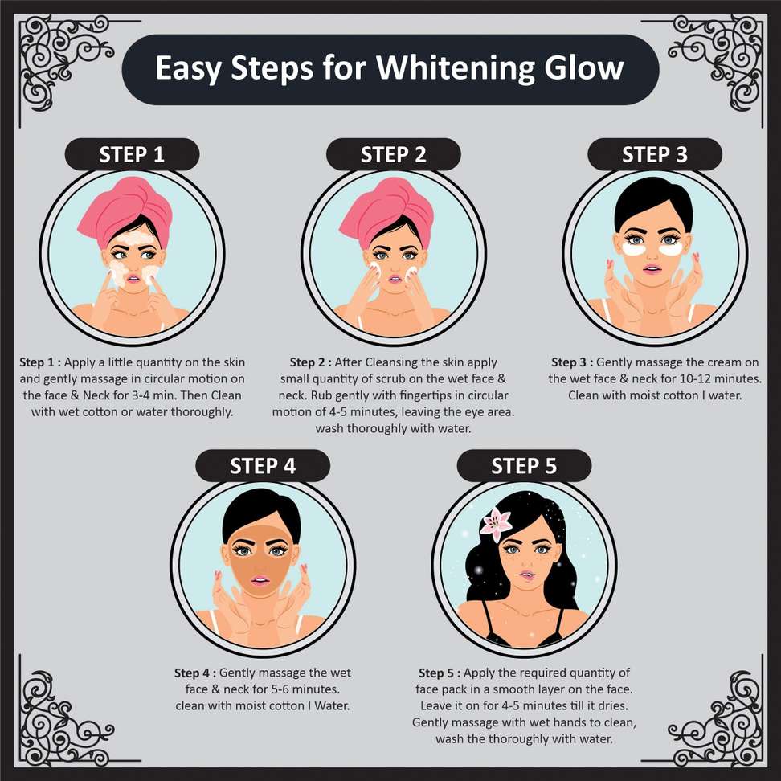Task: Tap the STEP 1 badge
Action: coord(132,154)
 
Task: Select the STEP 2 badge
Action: coord(394,154)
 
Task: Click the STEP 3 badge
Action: coord(655,154)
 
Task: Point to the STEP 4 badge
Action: coord(263,466)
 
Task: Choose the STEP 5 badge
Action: coord(524,466)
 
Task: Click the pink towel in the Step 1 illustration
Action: coord(125,211)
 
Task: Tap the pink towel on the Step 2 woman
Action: coord(386,211)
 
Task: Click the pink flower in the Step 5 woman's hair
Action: coord(496,524)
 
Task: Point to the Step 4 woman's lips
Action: coord(260,580)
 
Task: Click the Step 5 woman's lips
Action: coord(526,575)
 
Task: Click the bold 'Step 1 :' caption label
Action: coord(40,362)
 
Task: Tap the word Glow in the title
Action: coord(584,67)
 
